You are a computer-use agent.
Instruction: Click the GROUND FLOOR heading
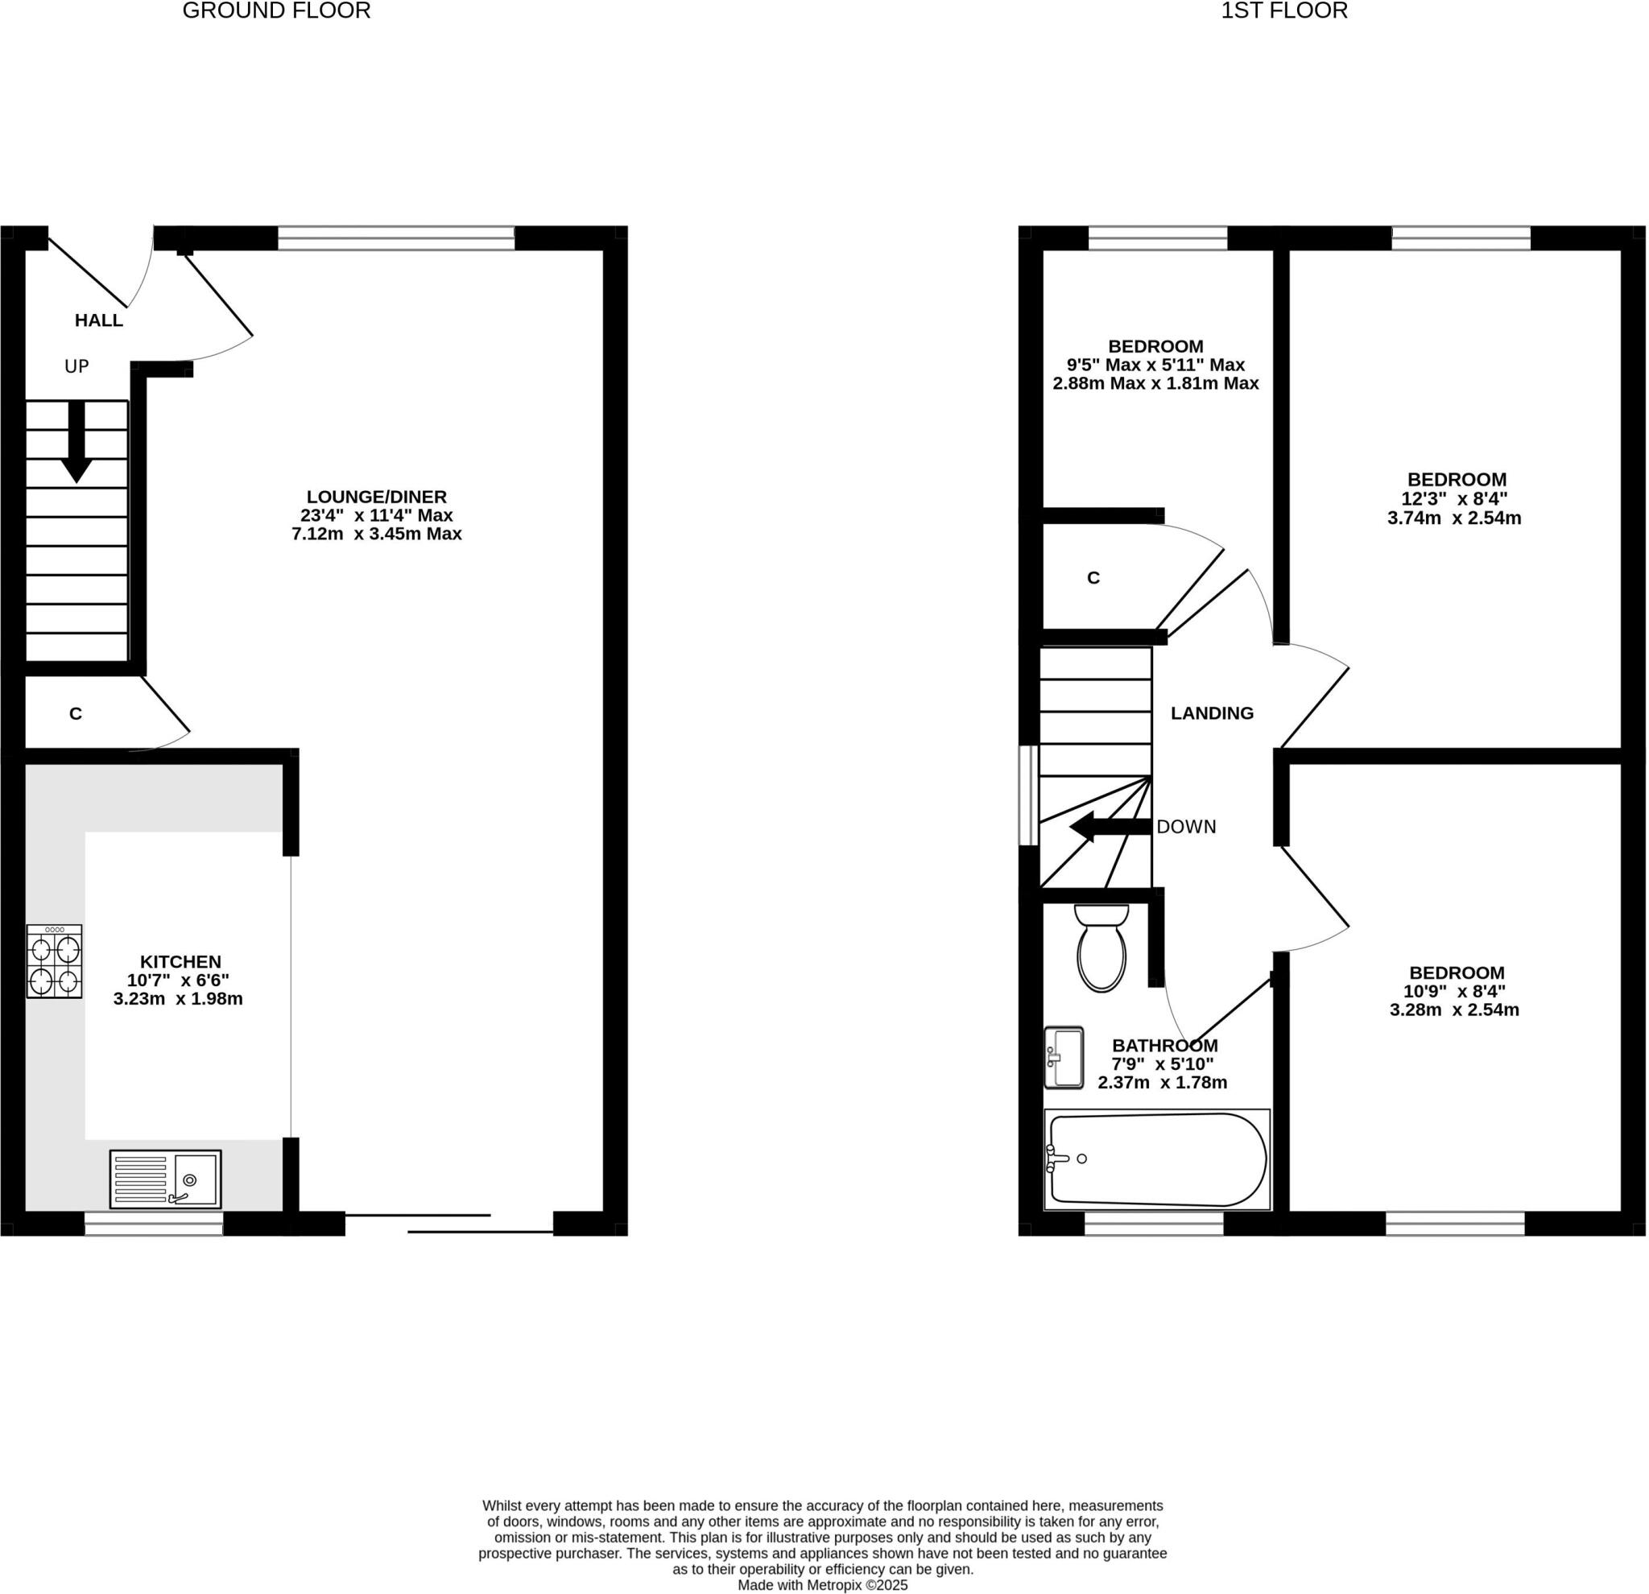tap(276, 11)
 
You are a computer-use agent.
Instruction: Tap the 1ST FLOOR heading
tap(1284, 11)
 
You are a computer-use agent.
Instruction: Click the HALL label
tap(98, 320)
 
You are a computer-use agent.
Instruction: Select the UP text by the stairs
tap(76, 367)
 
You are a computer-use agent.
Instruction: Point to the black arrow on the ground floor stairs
tap(76, 444)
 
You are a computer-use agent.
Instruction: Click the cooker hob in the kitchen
tap(54, 961)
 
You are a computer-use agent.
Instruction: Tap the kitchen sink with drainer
tap(165, 1179)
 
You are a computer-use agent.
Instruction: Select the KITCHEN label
tap(180, 961)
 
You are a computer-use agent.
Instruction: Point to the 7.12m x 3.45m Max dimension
tap(376, 534)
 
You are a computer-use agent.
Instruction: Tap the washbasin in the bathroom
tap(1064, 1058)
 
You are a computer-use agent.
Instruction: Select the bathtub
tap(1158, 1160)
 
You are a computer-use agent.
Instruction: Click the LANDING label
tap(1212, 713)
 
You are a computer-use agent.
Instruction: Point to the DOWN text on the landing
tap(1186, 827)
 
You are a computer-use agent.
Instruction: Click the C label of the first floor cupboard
tap(1093, 578)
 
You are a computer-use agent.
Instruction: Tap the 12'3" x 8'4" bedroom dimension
tap(1454, 499)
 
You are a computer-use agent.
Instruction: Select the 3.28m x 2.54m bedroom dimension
tap(1454, 1010)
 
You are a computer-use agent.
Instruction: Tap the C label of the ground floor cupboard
tap(76, 714)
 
